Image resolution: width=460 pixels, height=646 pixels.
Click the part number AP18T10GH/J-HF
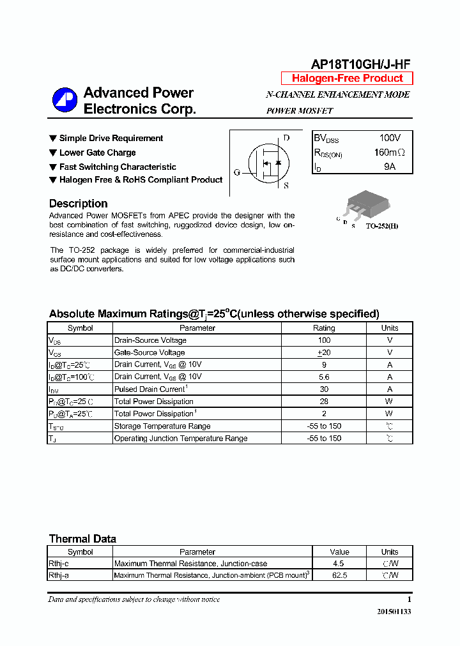tap(360, 64)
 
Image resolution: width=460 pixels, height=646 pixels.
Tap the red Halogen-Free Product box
tap(347, 79)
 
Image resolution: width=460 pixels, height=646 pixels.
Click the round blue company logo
tap(65, 100)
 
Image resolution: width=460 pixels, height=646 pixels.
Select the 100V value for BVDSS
tap(390, 138)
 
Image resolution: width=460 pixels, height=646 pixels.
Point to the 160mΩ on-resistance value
tap(389, 153)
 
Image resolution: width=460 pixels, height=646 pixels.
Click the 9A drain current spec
tap(390, 167)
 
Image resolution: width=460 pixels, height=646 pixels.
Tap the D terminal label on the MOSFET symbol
tap(286, 138)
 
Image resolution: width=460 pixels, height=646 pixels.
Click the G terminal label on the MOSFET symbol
tap(236, 172)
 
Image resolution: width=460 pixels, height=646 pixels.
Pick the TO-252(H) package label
tap(382, 226)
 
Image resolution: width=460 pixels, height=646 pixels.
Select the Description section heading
tap(78, 204)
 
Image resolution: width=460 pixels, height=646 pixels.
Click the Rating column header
tap(324, 328)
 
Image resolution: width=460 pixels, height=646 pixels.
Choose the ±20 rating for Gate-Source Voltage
tap(324, 352)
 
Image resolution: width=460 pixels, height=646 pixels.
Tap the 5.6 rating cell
tap(324, 377)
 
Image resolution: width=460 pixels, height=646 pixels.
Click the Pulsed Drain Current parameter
tap(149, 389)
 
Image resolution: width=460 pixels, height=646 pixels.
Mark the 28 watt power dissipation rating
tap(324, 402)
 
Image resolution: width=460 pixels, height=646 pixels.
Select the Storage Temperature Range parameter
tap(162, 426)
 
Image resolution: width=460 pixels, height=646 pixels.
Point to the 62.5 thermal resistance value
tap(340, 575)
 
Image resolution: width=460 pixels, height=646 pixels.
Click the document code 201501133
tap(394, 612)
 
